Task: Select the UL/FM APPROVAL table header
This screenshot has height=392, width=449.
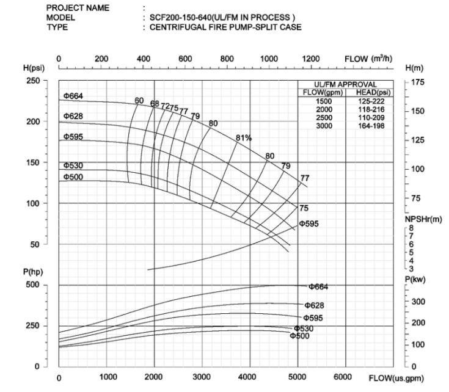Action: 346,84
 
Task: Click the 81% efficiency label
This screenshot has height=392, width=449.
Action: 244,138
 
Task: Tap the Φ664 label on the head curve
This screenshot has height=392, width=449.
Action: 73,95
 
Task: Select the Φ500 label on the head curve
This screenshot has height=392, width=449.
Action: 73,177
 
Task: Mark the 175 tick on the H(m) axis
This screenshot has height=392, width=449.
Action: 418,81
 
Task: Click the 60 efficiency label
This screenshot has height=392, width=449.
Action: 139,100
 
